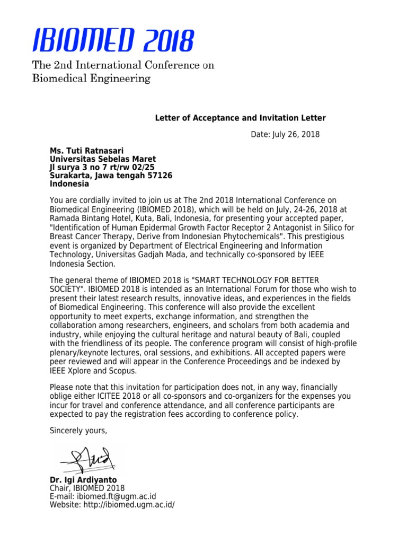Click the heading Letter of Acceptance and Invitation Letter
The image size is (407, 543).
click(240, 118)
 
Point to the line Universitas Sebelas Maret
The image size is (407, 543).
click(103, 159)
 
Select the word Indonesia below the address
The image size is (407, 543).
click(69, 184)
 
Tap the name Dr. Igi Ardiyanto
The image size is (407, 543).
click(83, 480)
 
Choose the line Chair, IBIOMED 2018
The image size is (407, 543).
click(87, 488)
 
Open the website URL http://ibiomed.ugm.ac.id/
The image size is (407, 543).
click(129, 505)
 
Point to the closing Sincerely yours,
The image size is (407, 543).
click(78, 431)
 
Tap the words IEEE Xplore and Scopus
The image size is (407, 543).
click(93, 371)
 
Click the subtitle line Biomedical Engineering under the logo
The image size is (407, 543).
click(92, 79)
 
